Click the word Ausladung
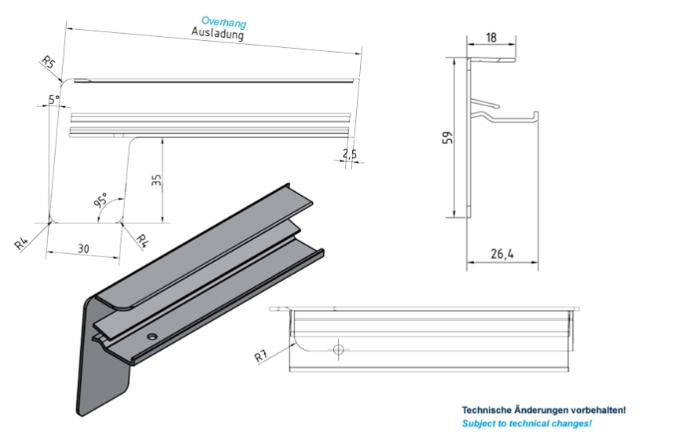point(218,34)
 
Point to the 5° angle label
point(53,100)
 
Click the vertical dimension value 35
point(156,181)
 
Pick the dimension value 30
point(83,248)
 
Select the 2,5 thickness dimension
point(350,154)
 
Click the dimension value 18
point(491,37)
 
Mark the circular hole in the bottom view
point(339,348)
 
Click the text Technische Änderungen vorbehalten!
point(543,410)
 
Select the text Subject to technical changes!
point(527,424)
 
